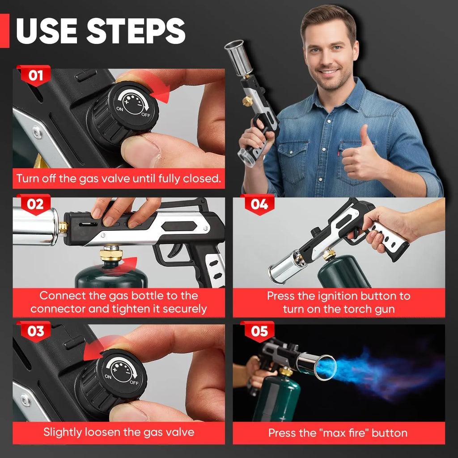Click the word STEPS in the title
tap(136, 31)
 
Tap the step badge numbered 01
tap(35, 76)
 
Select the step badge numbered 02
tap(35, 204)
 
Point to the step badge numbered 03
tap(35, 331)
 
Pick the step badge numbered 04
tap(259, 204)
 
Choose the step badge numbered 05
tap(259, 331)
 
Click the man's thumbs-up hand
tap(361, 154)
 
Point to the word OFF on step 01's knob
tap(146, 115)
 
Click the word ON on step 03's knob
tap(108, 377)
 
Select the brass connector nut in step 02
tap(111, 253)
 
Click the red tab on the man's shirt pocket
tap(340, 153)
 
